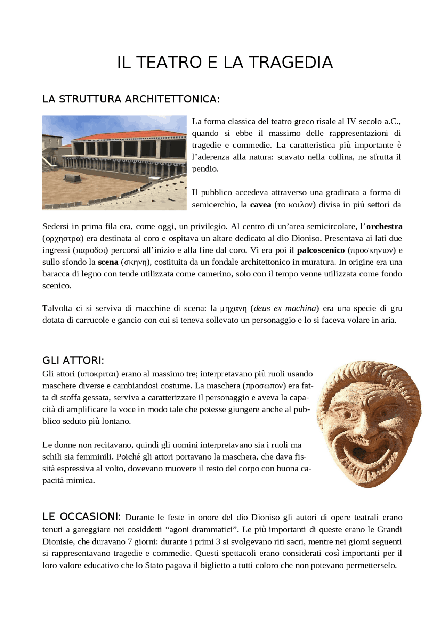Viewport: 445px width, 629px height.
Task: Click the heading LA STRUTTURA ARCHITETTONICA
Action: point(131,99)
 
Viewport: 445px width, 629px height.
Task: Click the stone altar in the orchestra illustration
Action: point(73,177)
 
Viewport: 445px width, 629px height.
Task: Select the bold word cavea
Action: point(260,205)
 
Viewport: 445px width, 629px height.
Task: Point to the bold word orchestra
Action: point(384,226)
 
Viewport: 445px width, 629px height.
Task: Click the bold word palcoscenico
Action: point(321,250)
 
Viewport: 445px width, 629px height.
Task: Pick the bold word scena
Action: point(108,262)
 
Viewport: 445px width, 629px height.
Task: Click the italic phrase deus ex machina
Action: point(285,308)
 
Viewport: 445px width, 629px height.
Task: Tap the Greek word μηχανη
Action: point(233,308)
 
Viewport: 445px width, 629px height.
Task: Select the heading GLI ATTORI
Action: point(73,361)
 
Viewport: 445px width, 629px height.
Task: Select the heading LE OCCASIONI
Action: point(81,517)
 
